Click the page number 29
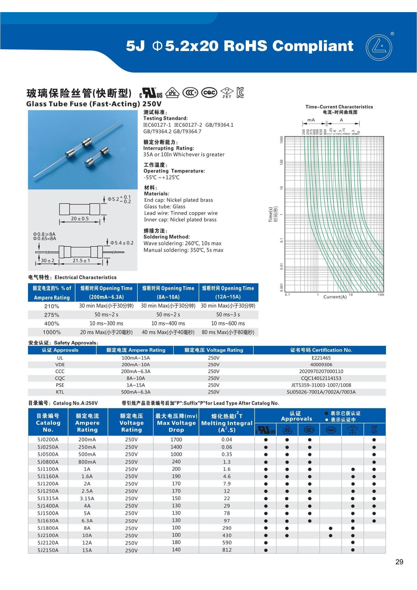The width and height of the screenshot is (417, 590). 399,562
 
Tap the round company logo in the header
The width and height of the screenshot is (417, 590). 379,48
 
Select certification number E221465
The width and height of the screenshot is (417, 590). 321,358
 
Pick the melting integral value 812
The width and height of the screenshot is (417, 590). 227,550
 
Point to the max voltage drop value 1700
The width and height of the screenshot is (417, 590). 176,440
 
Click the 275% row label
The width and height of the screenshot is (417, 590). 52,315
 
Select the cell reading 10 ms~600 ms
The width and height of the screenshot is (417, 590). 228,324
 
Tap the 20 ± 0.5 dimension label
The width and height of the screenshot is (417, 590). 80,219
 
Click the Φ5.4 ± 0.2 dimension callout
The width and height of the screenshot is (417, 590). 122,243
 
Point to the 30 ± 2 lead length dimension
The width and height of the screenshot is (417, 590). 48,261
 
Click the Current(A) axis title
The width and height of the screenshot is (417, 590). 335,297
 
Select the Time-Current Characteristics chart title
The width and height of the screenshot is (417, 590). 339,107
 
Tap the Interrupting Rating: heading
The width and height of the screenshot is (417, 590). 169,148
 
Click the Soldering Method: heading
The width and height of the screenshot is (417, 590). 167,237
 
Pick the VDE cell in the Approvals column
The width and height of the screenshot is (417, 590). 60,365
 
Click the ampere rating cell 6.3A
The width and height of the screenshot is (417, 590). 87,521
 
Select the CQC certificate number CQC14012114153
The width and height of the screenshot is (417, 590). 321,378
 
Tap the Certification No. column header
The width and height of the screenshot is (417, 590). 321,350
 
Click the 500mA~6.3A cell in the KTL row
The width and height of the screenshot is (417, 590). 136,392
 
